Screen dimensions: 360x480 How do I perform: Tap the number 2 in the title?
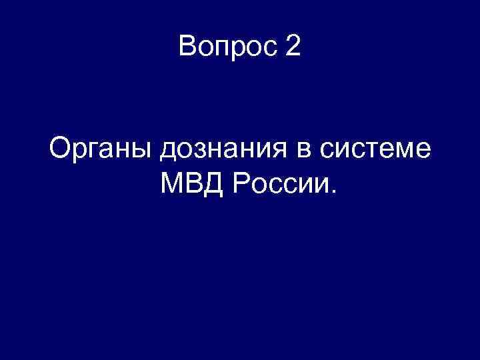click(x=294, y=47)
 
